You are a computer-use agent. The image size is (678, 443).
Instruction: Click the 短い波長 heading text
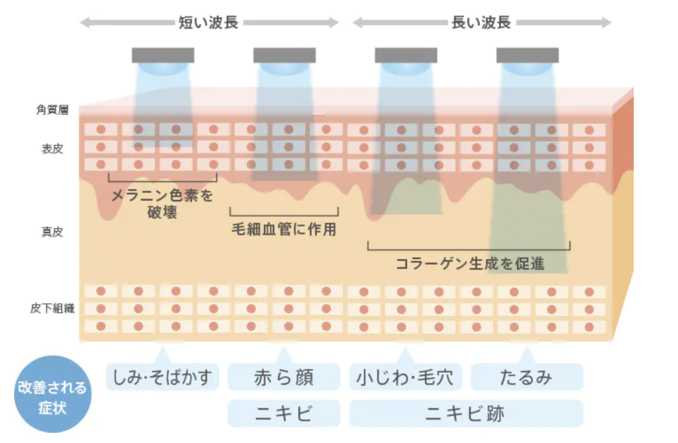[x=208, y=22]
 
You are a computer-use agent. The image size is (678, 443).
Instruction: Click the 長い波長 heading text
[x=482, y=22]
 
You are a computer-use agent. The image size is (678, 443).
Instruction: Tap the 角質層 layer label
[x=52, y=109]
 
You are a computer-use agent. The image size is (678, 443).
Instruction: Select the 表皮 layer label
[x=52, y=149]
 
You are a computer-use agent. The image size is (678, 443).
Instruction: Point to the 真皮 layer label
[x=52, y=232]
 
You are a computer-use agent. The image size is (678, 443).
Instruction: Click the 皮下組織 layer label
[x=52, y=308]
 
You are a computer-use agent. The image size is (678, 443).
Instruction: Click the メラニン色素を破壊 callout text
[x=162, y=203]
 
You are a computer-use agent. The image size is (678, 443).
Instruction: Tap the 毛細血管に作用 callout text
[x=284, y=229]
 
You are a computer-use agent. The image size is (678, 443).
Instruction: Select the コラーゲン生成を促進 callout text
[x=470, y=264]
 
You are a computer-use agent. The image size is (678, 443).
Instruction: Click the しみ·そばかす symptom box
[x=162, y=377]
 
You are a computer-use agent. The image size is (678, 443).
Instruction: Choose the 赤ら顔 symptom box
[x=284, y=377]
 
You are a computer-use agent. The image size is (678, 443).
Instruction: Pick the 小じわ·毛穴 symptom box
[x=405, y=377]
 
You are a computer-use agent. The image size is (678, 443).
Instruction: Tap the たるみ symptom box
[x=527, y=377]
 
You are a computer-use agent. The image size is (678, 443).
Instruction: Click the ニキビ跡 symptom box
[x=466, y=414]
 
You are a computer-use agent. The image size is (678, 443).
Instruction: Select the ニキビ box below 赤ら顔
[x=284, y=414]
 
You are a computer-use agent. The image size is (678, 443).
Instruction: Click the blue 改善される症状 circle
[x=53, y=394]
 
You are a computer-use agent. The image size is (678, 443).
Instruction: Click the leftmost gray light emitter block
[x=163, y=55]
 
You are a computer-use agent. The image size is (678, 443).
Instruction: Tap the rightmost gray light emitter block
[x=527, y=55]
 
